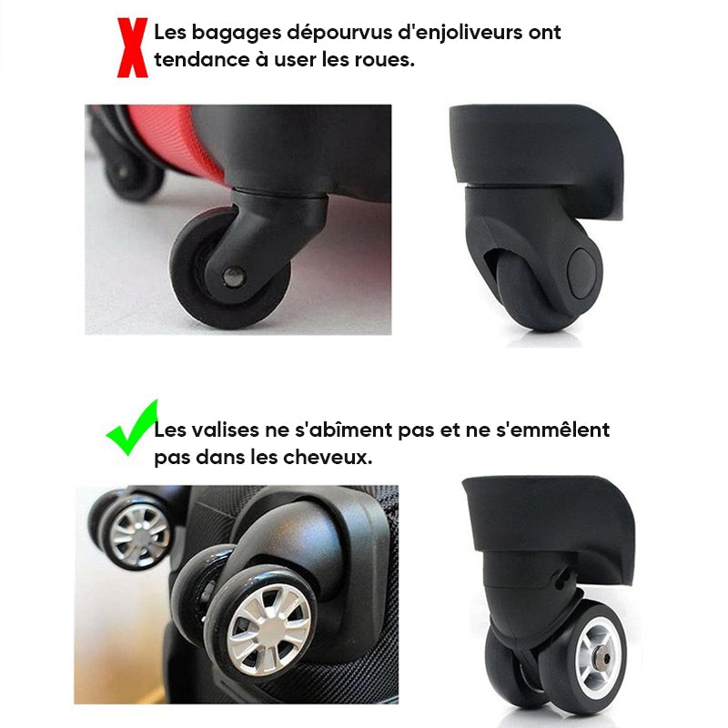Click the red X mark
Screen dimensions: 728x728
click(x=132, y=47)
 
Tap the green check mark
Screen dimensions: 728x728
click(x=131, y=428)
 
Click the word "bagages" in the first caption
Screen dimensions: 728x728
click(x=237, y=34)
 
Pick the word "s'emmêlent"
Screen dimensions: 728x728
click(x=552, y=430)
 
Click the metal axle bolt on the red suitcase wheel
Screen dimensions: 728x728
click(x=234, y=277)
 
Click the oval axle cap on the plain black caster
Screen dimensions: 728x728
click(x=581, y=273)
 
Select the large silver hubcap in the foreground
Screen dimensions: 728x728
click(x=268, y=629)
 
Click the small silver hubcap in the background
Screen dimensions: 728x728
click(x=140, y=535)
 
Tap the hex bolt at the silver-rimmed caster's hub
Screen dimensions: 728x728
click(x=603, y=659)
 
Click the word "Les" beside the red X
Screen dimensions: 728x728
click(x=170, y=33)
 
